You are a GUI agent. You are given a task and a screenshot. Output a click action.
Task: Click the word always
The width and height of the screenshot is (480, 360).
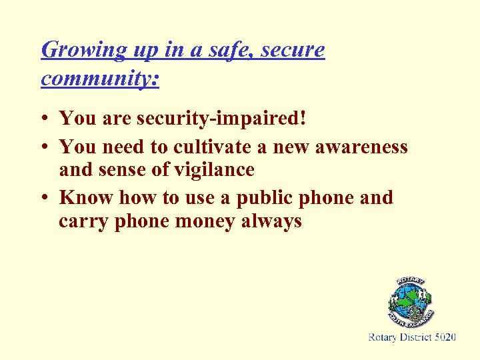(x=275, y=221)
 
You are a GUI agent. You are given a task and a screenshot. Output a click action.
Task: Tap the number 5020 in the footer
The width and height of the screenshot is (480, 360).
(x=445, y=338)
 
